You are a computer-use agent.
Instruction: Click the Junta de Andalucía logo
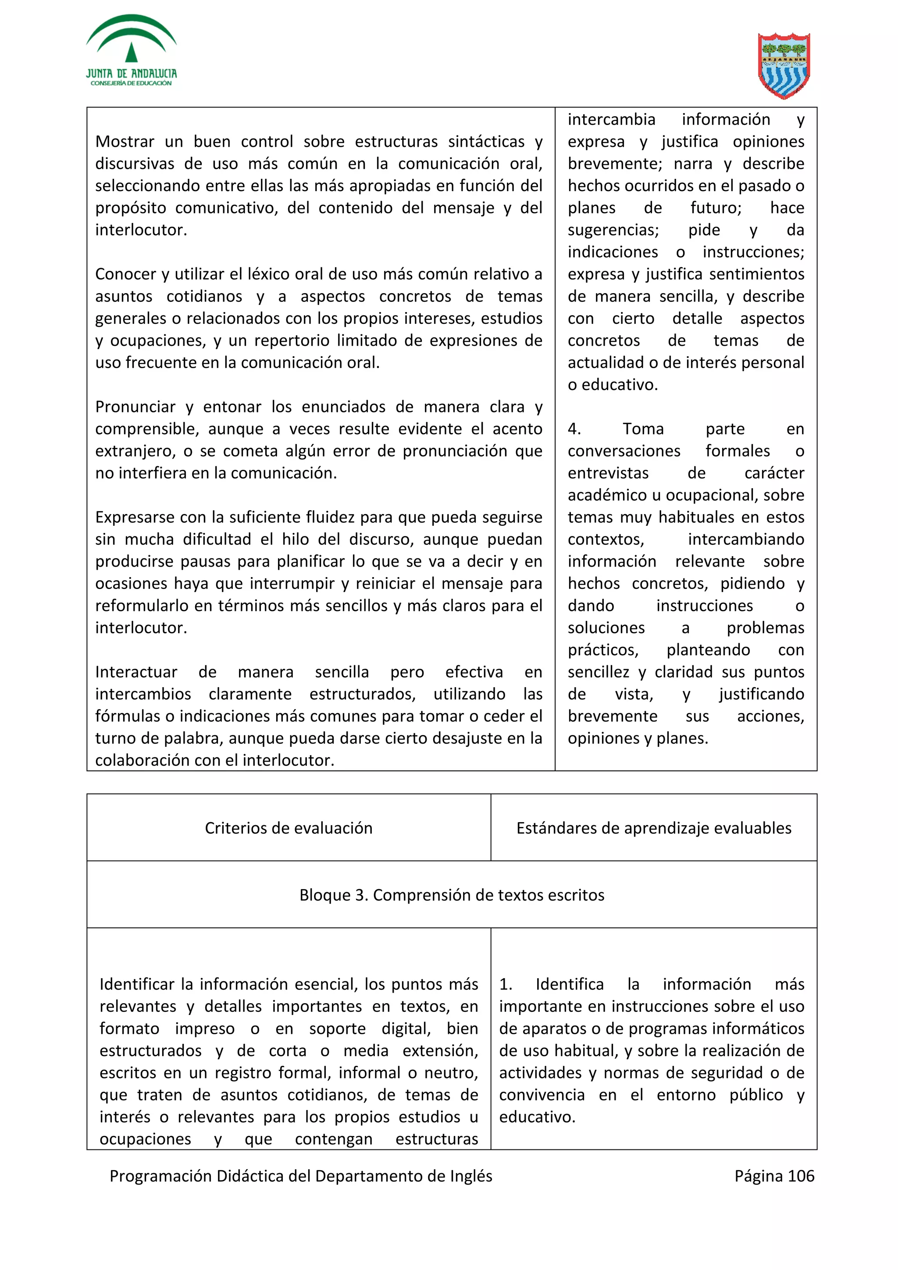131,51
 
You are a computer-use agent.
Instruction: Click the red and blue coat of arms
784,65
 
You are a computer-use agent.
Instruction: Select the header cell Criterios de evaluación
288,828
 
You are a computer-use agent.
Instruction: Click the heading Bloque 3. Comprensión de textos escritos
452,895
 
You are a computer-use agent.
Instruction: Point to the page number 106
801,1176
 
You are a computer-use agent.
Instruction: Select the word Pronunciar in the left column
135,407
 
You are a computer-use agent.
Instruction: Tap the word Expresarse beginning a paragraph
135,518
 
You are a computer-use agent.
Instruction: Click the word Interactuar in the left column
135,672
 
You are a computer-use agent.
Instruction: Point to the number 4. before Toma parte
574,429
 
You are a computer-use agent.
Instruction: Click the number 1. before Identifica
505,985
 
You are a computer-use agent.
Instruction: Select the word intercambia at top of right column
611,120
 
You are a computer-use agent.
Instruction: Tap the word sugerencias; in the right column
613,230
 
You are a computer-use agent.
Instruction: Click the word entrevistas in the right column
608,473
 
